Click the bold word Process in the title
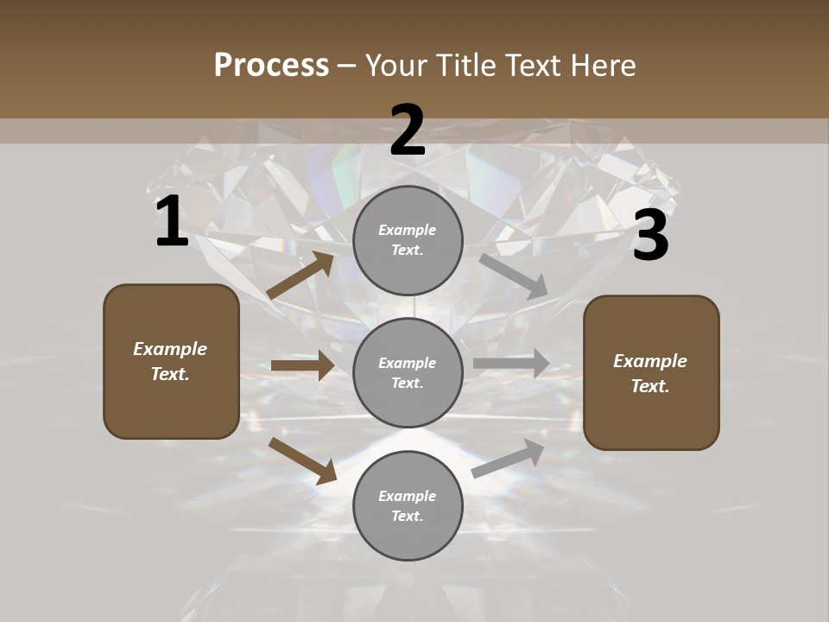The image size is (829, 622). pos(271,66)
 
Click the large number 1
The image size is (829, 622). pos(172,222)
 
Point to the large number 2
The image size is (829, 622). pos(408,130)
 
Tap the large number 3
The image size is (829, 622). pos(650,237)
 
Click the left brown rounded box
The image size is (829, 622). pos(171,361)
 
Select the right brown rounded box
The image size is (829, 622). pos(651,373)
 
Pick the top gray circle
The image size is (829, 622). pos(408,240)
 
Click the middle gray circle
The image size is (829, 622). pos(408,373)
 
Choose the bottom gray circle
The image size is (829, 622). pos(408,506)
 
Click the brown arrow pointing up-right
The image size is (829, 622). pos(301,276)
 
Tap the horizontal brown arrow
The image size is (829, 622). pos(302,365)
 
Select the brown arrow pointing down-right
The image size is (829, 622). pos(302,460)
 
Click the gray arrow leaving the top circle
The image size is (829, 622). pos(514,276)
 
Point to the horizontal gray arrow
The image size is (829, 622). pos(511,364)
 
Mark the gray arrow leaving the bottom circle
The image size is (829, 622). pos(509,459)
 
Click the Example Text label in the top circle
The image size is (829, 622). pos(408,240)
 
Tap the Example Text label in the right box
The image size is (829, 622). pos(650,373)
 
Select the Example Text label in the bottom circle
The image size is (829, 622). pos(408,506)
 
